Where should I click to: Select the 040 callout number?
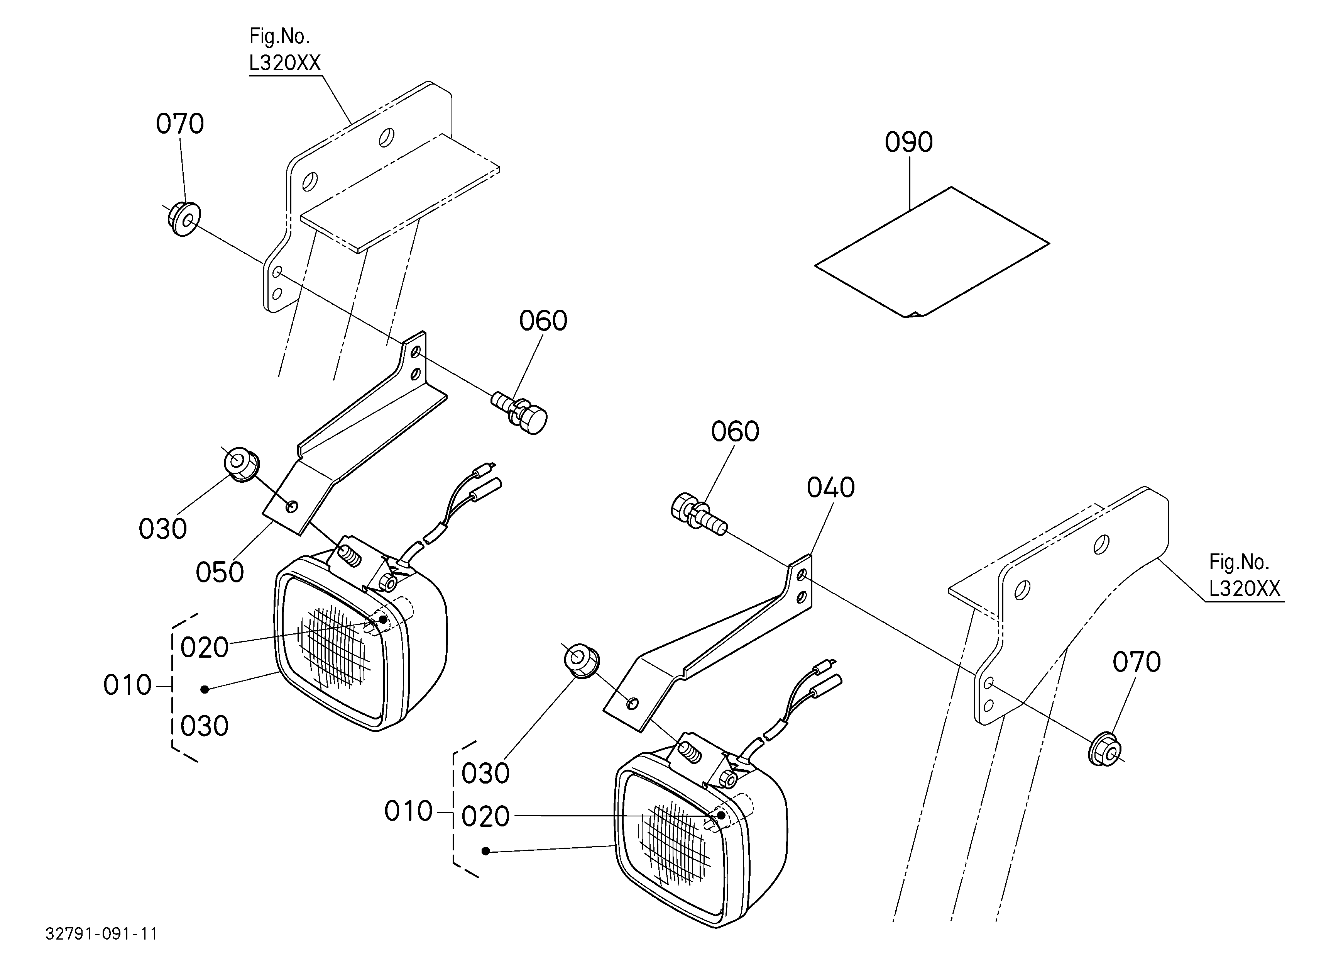[830, 488]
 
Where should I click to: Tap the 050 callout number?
[220, 572]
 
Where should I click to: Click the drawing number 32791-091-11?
[101, 934]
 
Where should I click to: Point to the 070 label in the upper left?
[179, 124]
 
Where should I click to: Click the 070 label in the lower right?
[1137, 662]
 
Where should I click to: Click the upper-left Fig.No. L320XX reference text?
[285, 50]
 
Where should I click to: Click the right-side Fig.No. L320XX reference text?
[1245, 576]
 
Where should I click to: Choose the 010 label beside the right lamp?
[408, 812]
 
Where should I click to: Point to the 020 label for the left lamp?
[204, 648]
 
